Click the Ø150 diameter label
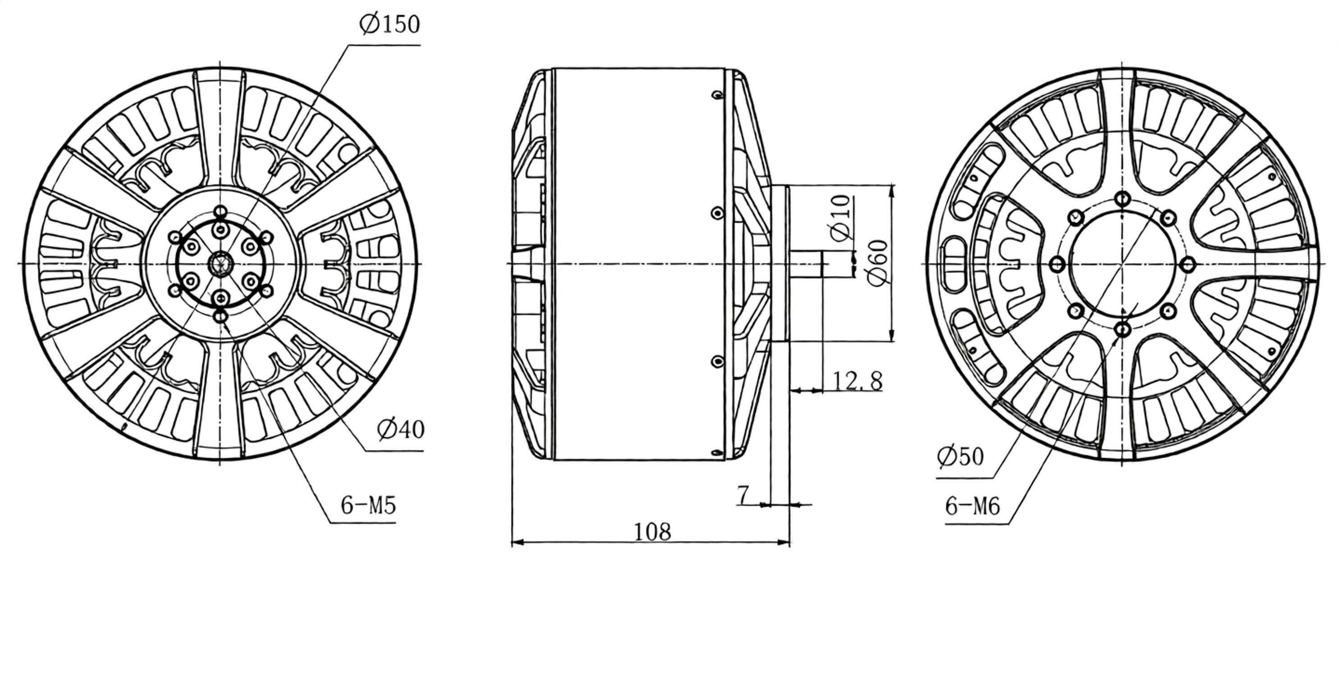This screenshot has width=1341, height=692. click(x=389, y=24)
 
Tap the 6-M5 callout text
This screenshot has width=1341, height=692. click(x=368, y=505)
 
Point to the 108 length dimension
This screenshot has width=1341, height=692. click(x=652, y=531)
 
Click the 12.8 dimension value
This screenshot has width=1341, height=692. click(x=858, y=380)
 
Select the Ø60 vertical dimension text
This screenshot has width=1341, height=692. click(x=878, y=263)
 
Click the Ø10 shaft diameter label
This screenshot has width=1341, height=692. click(x=840, y=218)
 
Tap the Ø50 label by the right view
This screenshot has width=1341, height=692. click(x=960, y=456)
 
